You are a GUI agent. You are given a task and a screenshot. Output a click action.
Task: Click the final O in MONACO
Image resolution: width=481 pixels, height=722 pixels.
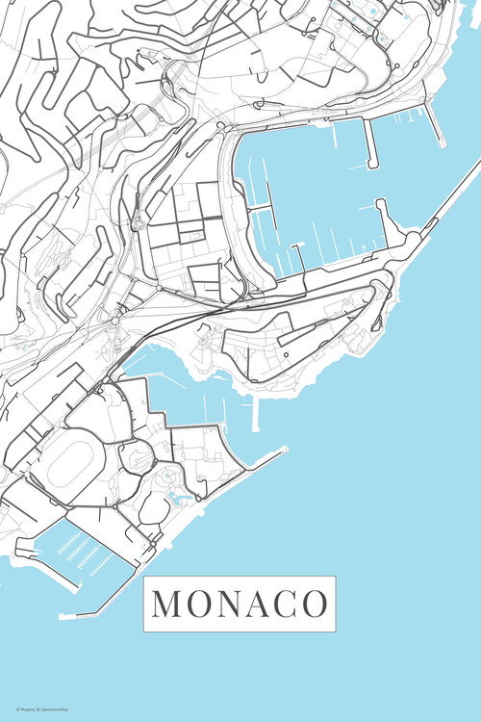[x=314, y=604]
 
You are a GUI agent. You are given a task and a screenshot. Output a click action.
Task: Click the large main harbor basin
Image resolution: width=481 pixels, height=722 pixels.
[x=317, y=183]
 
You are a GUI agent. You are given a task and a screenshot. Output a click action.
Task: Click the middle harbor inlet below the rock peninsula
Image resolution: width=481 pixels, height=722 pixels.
[x=192, y=395]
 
